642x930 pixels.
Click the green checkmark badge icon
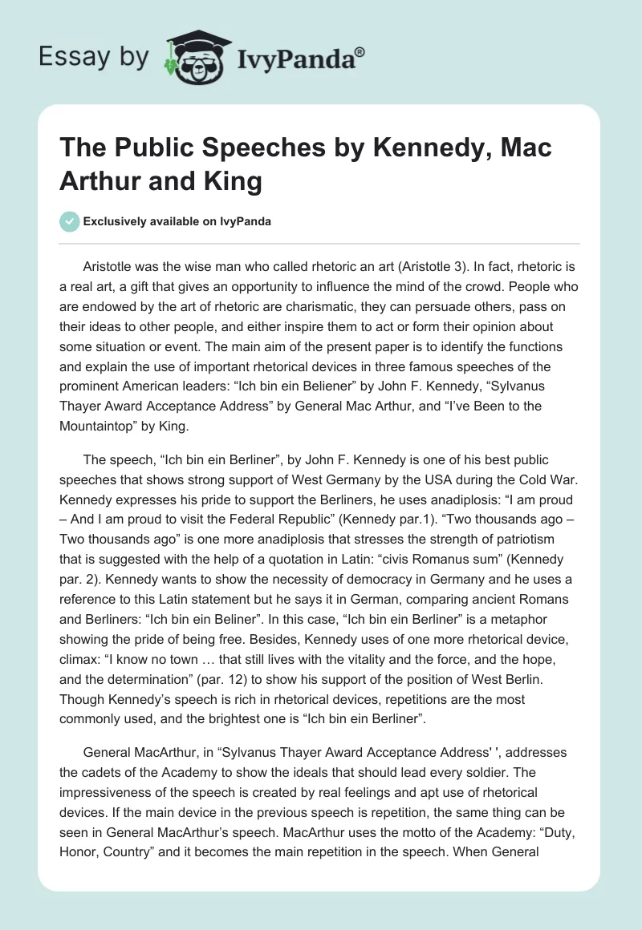(x=69, y=221)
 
